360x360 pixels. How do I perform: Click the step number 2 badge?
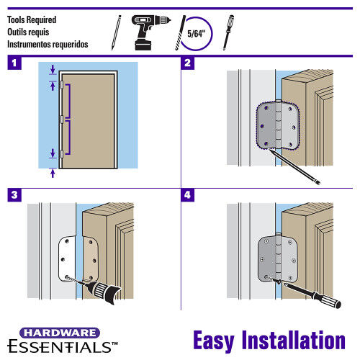(189, 63)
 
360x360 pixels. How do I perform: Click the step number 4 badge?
(189, 194)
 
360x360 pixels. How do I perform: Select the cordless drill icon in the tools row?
(147, 31)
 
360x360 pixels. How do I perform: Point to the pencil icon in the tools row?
(116, 31)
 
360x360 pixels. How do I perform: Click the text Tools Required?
(32, 19)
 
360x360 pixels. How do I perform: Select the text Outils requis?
(30, 32)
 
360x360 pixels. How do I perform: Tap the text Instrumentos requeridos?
(48, 44)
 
